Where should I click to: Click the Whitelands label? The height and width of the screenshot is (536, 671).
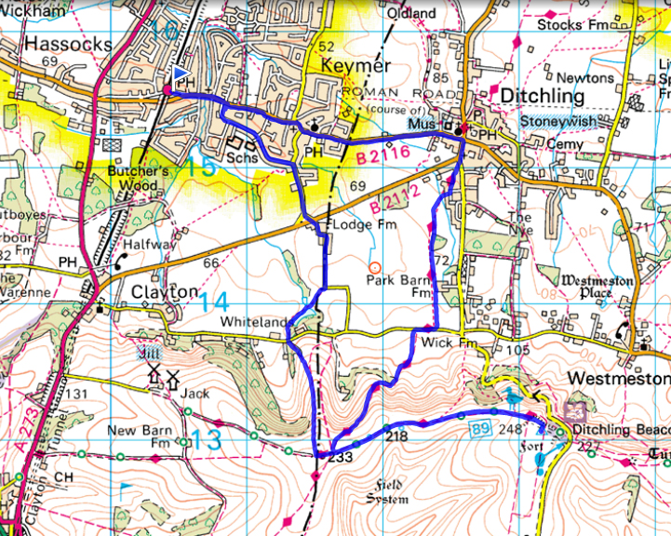pos(254,321)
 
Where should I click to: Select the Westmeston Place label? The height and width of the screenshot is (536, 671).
pos(597,286)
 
